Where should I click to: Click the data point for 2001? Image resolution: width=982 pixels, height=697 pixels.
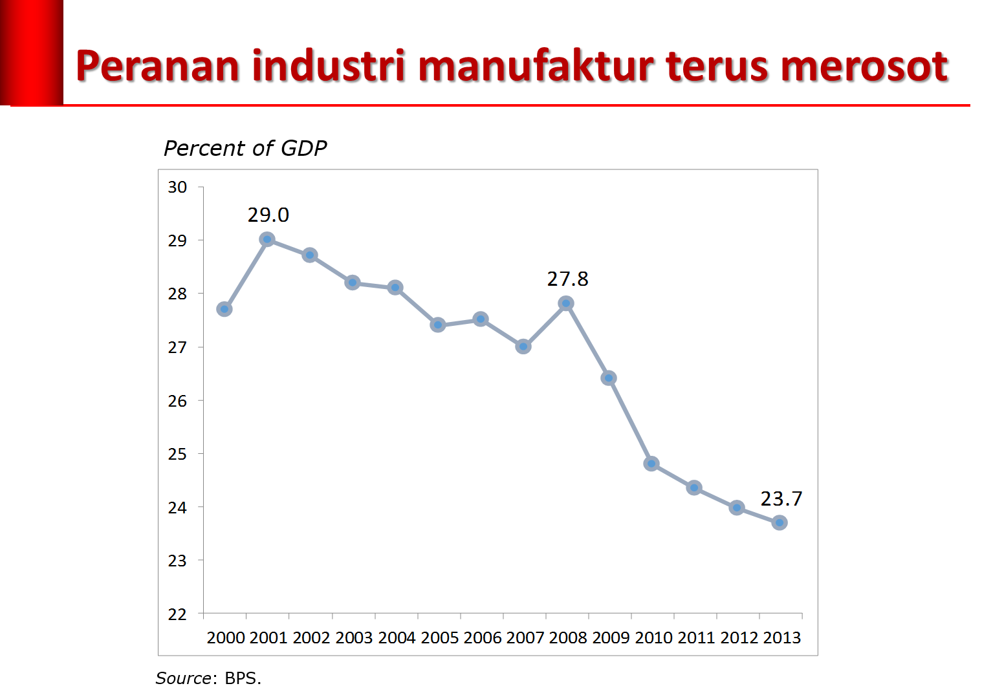click(x=267, y=239)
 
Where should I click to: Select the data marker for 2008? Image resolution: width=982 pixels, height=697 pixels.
click(x=566, y=303)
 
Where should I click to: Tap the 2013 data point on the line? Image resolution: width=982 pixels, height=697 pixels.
click(x=780, y=522)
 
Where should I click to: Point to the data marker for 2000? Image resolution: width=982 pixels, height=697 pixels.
click(x=224, y=309)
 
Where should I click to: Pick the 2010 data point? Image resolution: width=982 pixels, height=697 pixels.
click(x=651, y=464)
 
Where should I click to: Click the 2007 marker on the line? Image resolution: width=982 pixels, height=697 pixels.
click(x=523, y=347)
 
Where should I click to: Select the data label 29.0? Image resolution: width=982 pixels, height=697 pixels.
click(x=268, y=215)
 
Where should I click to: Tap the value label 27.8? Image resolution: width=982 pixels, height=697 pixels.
click(x=567, y=279)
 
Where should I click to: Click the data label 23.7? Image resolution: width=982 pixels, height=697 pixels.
click(x=781, y=499)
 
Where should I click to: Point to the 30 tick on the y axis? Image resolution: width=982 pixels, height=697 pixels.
click(x=177, y=188)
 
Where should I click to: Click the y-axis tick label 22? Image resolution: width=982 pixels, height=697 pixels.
click(x=177, y=614)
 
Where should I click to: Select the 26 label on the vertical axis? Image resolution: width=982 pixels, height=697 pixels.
click(x=177, y=401)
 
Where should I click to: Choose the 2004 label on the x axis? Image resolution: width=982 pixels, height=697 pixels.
click(x=397, y=638)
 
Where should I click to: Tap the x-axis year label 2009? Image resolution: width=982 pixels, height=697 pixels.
click(x=611, y=638)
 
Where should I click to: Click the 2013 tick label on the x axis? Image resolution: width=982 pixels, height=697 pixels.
click(x=781, y=638)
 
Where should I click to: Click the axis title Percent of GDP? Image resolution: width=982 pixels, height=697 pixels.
click(x=245, y=148)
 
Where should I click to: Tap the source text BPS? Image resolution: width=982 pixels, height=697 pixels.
click(x=243, y=678)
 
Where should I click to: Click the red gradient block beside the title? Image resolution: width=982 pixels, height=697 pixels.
click(x=32, y=52)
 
